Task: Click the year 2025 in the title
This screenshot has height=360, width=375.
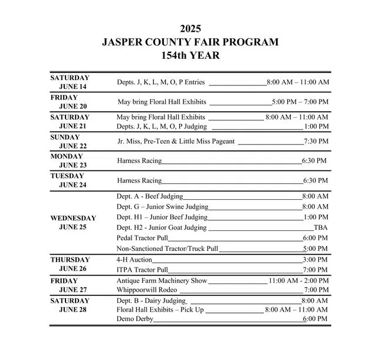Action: [190, 28]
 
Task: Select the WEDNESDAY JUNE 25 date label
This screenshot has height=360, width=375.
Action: [73, 223]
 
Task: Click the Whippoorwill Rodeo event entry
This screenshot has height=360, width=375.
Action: [147, 290]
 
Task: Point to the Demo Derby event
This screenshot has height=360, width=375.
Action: [135, 319]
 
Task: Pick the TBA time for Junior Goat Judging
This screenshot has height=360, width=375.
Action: [321, 227]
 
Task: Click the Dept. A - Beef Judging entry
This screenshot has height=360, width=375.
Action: [150, 196]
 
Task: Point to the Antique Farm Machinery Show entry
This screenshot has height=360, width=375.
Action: [162, 280]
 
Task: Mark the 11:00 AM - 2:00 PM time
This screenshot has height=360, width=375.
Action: [298, 280]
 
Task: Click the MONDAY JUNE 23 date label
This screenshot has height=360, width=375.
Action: [70, 161]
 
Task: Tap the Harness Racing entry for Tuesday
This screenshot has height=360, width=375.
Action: [139, 180]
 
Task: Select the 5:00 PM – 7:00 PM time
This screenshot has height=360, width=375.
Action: [300, 102]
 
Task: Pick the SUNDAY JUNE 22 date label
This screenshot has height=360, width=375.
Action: [70, 141]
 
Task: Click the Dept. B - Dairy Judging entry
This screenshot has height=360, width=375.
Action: [151, 300]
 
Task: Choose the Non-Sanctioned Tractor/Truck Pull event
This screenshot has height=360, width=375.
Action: [167, 249]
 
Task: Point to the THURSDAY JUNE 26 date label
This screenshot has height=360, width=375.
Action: [70, 264]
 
